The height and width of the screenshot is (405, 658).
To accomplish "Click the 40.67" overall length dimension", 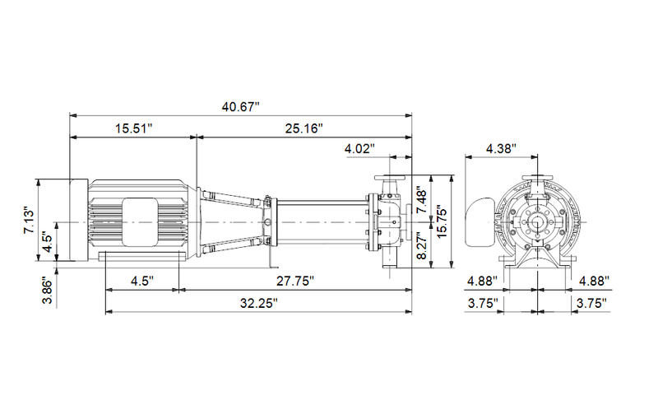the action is tap(240, 107).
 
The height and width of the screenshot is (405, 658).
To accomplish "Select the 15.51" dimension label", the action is tap(134, 128).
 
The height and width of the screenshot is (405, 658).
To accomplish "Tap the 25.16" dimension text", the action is tap(304, 128).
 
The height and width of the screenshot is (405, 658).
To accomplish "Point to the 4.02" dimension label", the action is tap(359, 149).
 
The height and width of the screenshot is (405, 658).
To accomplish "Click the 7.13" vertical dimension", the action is tap(30, 220).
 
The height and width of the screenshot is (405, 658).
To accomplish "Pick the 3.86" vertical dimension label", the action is tap(49, 290).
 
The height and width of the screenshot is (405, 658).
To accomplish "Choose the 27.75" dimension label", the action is tap(295, 281).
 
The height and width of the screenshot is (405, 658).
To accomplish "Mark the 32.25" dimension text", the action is tap(259, 302).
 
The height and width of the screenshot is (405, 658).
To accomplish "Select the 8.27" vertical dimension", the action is tap(422, 246).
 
